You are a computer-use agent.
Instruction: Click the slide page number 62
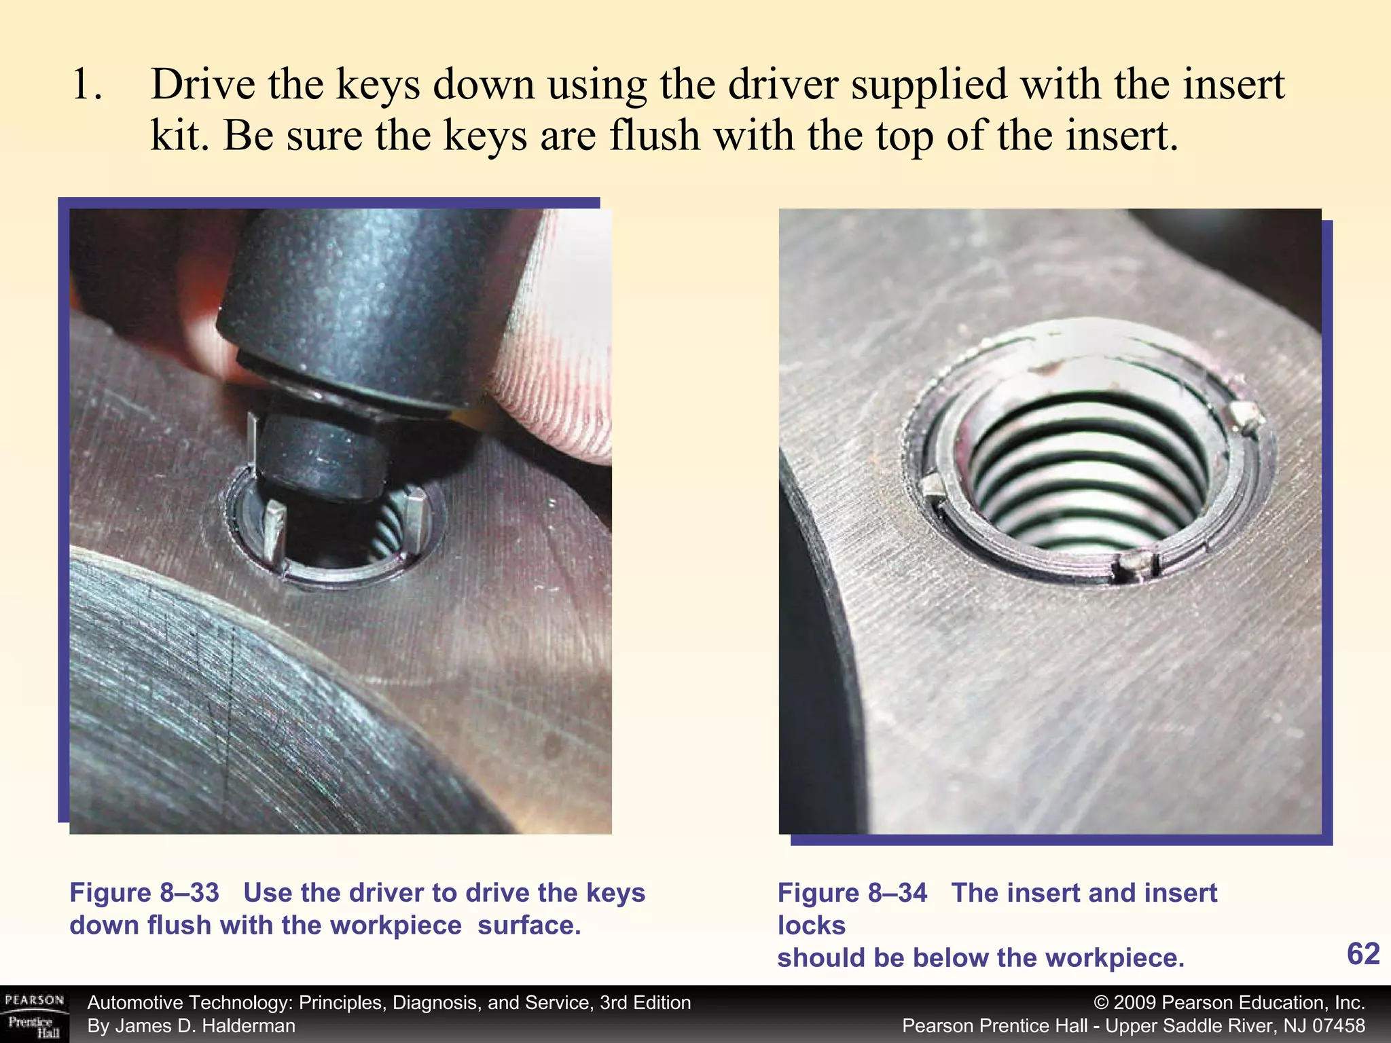coord(1362,954)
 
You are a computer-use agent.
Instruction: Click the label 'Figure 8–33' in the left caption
coord(144,892)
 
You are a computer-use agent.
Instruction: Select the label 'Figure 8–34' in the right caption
coord(852,892)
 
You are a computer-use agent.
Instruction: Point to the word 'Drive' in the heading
coord(203,86)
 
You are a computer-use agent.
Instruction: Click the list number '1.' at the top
coord(87,86)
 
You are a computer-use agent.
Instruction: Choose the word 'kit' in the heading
coord(175,136)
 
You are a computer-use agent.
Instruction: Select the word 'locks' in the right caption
coord(811,925)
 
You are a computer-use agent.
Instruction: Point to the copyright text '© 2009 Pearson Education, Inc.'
coord(1229,1002)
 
